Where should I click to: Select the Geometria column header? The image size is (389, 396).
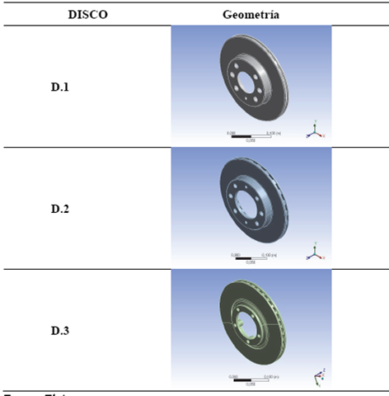tap(251, 15)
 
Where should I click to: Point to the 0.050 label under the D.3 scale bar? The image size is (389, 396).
tap(251, 384)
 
